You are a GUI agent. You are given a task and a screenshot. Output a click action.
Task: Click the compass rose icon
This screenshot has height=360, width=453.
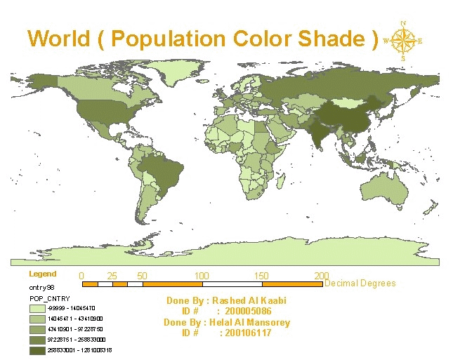click(403, 41)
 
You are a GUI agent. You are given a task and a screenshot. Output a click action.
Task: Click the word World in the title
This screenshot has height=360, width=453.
click(59, 38)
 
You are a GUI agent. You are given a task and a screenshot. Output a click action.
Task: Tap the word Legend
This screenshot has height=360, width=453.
click(42, 274)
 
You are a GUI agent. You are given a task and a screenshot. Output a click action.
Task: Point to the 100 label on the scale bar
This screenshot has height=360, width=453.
click(202, 275)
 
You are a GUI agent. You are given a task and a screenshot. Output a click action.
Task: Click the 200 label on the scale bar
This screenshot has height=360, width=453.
click(322, 275)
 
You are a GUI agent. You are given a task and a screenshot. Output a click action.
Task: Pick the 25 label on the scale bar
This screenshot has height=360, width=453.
click(112, 275)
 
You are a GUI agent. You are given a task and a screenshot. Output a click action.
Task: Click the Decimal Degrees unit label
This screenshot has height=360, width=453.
click(360, 284)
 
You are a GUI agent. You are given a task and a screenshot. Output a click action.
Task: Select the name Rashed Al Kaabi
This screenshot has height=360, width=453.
click(251, 301)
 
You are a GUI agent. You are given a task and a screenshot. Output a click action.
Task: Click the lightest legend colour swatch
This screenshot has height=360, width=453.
click(37, 307)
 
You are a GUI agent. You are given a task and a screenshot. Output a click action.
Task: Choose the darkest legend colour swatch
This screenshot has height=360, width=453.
click(37, 349)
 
